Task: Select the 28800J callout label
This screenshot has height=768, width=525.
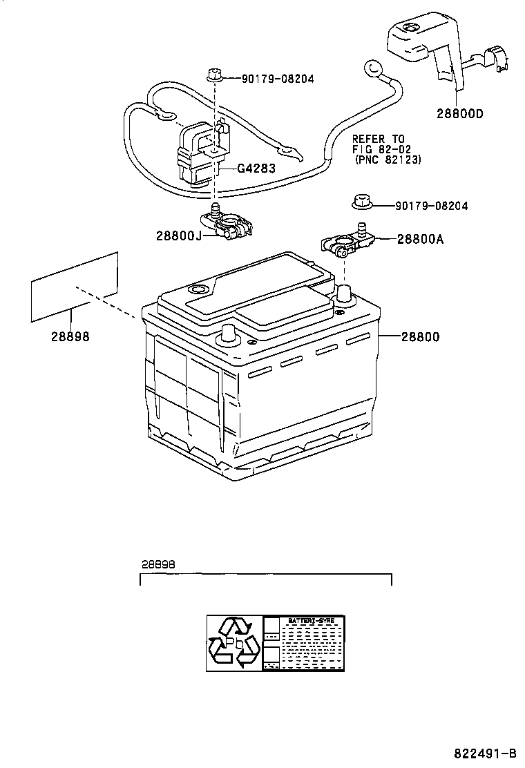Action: (178, 236)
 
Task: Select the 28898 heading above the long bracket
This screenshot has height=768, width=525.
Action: (158, 563)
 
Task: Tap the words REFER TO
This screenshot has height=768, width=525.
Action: (379, 138)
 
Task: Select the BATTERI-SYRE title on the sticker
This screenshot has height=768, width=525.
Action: (312, 622)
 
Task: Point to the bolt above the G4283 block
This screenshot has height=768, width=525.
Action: (213, 75)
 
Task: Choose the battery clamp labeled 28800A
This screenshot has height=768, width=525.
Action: (345, 240)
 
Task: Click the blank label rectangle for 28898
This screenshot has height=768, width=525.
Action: (75, 287)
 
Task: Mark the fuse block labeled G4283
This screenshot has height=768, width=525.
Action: (198, 155)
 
